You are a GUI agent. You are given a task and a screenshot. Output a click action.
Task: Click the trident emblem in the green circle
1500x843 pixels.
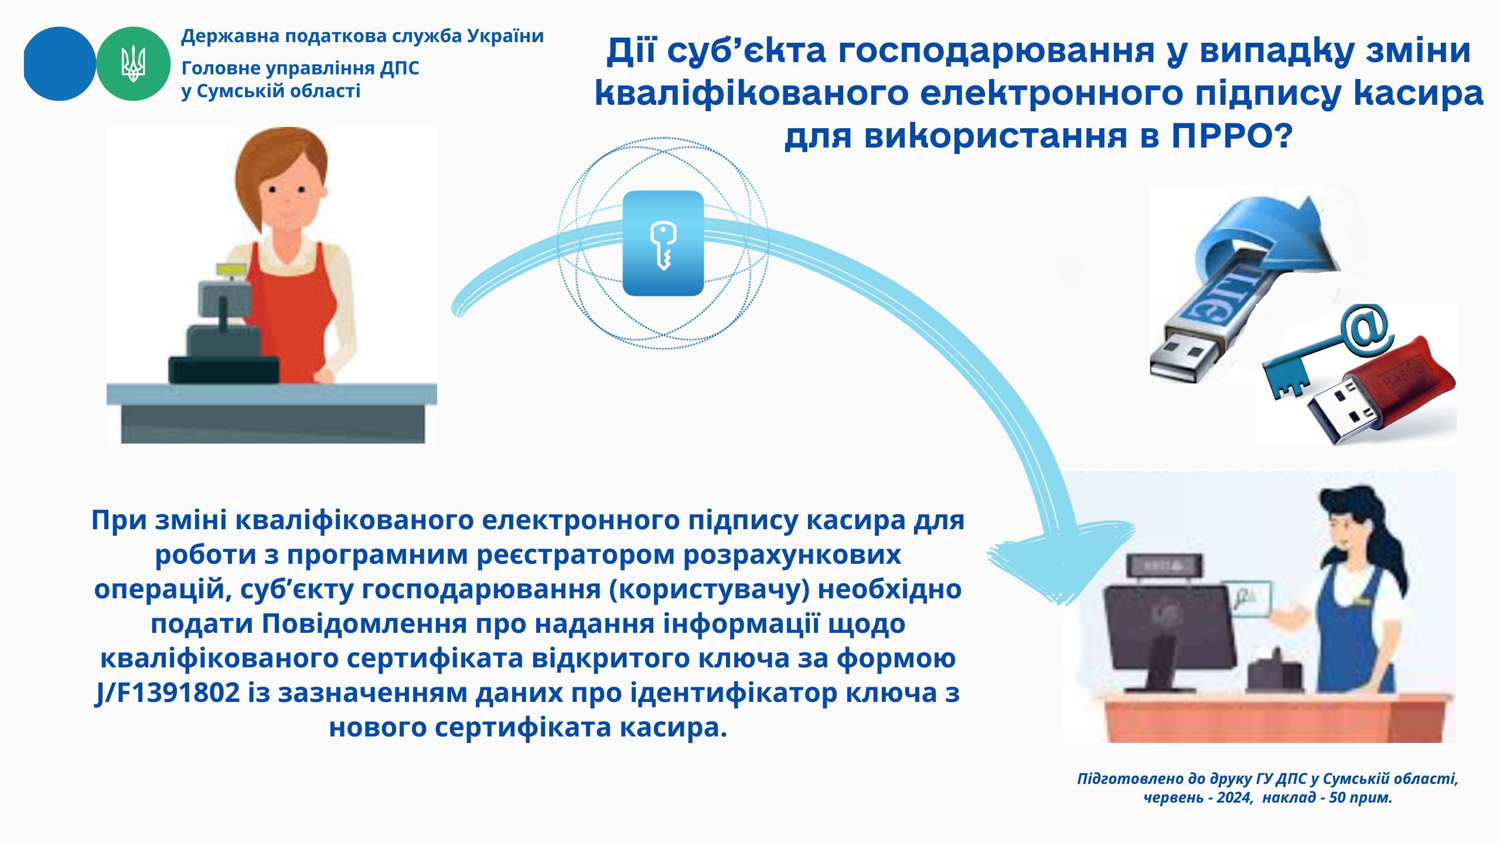click(x=133, y=63)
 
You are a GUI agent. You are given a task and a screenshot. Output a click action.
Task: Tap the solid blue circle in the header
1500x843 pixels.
click(x=59, y=63)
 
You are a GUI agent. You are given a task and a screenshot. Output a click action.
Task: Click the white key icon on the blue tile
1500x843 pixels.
click(x=663, y=245)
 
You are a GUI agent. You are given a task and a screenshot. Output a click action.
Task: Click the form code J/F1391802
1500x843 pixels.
click(x=168, y=693)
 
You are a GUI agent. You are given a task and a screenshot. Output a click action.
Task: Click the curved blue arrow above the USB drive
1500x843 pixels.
click(x=1266, y=234)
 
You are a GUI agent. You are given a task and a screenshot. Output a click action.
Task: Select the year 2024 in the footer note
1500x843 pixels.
click(x=1234, y=798)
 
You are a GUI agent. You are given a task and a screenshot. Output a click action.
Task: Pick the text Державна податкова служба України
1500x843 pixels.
click(x=363, y=36)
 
